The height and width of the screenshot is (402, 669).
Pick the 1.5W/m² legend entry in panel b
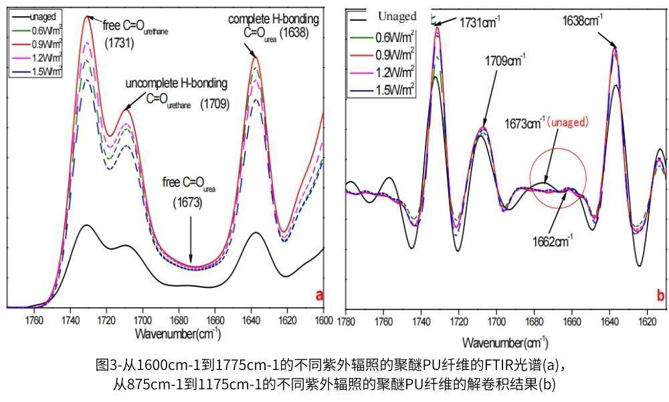click(x=395, y=88)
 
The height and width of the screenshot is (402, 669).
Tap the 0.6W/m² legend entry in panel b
click(x=395, y=36)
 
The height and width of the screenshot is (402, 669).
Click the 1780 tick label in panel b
click(x=346, y=321)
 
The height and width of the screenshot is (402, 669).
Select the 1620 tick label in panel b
click(x=646, y=321)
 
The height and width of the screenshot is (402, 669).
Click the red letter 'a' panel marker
click(x=319, y=294)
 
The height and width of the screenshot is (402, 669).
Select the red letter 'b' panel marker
click(x=660, y=294)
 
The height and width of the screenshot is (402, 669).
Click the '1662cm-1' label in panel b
click(x=552, y=241)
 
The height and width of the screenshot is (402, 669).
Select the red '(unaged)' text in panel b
click(x=567, y=122)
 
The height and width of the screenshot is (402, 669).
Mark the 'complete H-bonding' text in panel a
click(x=274, y=19)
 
